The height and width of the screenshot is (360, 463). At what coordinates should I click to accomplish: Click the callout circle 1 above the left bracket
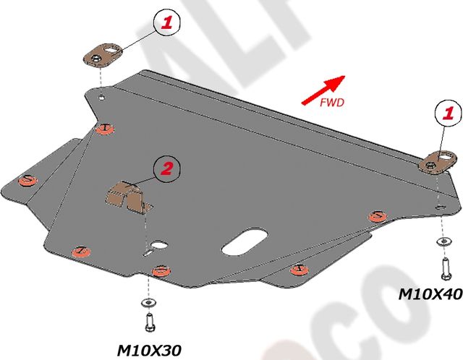[167, 23]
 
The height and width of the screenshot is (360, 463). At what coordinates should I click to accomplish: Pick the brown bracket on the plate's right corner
[437, 161]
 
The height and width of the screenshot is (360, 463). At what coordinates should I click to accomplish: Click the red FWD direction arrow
[324, 89]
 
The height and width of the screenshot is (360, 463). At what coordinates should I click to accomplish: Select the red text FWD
[331, 103]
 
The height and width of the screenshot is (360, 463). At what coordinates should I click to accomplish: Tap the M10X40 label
[430, 294]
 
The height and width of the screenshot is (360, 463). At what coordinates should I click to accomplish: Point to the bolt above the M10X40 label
[443, 267]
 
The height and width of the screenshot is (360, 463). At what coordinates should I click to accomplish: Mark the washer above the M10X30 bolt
[148, 301]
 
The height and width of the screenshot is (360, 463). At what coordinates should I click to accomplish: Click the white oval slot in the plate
[246, 241]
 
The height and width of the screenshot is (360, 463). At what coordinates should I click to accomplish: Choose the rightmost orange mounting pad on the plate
[377, 215]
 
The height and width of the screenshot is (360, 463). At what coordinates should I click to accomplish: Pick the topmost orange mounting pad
[106, 128]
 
